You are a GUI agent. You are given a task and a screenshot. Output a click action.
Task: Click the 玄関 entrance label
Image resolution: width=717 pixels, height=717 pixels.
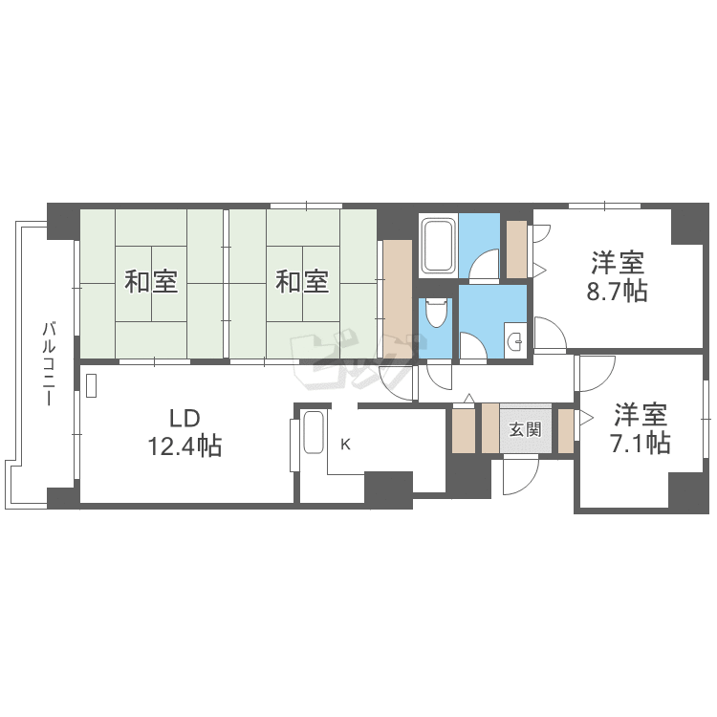pyautogui.click(x=526, y=429)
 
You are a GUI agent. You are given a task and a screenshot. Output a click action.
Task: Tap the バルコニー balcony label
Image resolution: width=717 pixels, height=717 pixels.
pyautogui.click(x=49, y=364)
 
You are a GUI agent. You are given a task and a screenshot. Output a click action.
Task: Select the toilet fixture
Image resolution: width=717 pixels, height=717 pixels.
pyautogui.click(x=437, y=313)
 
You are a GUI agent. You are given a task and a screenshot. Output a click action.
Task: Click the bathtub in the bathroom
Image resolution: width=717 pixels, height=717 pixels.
pyautogui.click(x=439, y=245)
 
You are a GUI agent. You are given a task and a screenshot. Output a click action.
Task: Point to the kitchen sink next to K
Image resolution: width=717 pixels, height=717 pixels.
pyautogui.click(x=314, y=432)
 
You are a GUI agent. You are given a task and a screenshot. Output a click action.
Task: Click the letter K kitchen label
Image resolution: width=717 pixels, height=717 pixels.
pyautogui.click(x=346, y=444)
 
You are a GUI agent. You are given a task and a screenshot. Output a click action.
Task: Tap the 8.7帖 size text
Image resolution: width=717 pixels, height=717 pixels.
pyautogui.click(x=618, y=291)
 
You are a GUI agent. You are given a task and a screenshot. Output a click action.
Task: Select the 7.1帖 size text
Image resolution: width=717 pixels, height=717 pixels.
pyautogui.click(x=641, y=443)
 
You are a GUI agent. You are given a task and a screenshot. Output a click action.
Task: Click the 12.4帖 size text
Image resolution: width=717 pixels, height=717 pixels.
pyautogui.click(x=185, y=446)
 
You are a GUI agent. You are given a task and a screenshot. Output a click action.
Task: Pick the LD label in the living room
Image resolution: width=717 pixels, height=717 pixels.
pyautogui.click(x=185, y=418)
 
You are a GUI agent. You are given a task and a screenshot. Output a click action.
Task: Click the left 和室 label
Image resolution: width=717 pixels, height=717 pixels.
pyautogui.click(x=151, y=282)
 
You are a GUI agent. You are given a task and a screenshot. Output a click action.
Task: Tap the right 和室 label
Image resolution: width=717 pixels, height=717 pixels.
pyautogui.click(x=302, y=282)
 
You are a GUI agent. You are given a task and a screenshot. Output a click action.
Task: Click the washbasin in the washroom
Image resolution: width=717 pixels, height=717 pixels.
pyautogui.click(x=516, y=339)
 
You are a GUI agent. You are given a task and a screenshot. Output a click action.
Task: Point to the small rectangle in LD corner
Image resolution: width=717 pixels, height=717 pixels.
pyautogui.click(x=91, y=385)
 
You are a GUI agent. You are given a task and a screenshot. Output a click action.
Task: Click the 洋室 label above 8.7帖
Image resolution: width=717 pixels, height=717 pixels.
pyautogui.click(x=618, y=263)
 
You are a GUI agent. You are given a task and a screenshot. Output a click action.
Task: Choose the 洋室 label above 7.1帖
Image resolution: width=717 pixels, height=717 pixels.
pyautogui.click(x=641, y=414)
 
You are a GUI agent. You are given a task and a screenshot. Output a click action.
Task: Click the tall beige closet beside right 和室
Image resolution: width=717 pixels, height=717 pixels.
pyautogui.click(x=398, y=299)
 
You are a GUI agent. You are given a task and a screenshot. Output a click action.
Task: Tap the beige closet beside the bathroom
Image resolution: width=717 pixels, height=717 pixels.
pyautogui.click(x=516, y=250)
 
